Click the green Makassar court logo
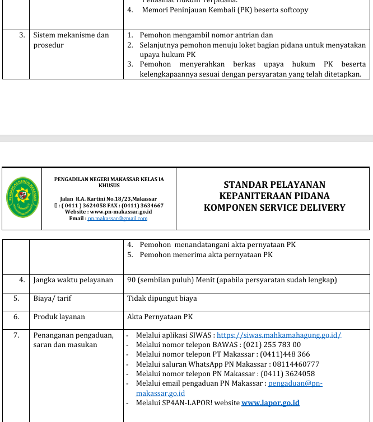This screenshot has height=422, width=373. point(22,198)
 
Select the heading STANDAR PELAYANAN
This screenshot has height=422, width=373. point(274,184)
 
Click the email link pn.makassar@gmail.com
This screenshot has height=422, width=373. point(117,219)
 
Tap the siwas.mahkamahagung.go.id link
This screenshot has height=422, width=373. point(278,335)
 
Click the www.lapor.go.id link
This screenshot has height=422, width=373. point(270,402)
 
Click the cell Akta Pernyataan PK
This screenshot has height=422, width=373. point(160,317)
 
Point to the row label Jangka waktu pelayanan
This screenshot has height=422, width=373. point(73,280)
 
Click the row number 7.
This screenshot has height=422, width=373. point(16,335)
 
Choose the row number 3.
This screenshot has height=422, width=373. point(22,35)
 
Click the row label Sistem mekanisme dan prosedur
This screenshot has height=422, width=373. point(71,40)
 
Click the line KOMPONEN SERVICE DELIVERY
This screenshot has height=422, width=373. point(274,208)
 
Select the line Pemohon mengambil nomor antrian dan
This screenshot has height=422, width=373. point(206,35)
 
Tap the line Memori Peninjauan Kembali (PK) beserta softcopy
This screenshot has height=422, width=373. point(225,10)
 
